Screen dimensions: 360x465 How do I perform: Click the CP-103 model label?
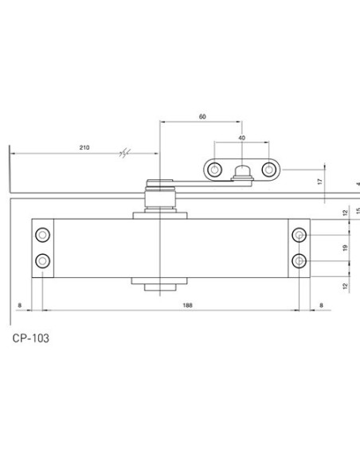pos(31,338)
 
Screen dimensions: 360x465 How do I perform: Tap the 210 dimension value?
pos(84,147)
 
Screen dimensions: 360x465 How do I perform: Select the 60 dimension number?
pos(202,116)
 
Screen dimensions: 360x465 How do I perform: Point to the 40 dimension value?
pos(241,138)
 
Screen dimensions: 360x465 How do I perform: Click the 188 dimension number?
pos(187,305)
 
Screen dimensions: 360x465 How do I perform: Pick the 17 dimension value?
pos(319,182)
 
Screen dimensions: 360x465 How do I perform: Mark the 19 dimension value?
pos(345,248)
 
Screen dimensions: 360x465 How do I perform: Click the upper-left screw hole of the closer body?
pos(42,235)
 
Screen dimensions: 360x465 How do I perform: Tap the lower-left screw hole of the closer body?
pos(42,261)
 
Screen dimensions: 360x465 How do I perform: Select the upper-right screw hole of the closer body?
pos(299,235)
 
